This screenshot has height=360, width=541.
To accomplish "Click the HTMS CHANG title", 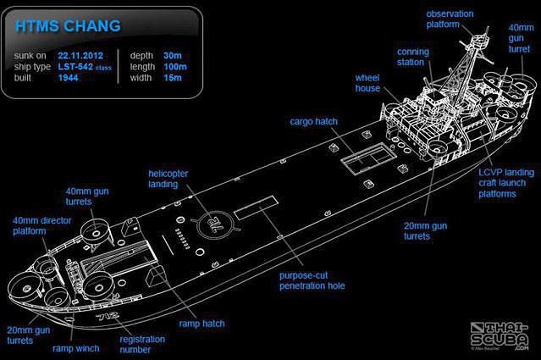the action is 68,26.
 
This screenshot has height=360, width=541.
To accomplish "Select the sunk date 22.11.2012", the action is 80,56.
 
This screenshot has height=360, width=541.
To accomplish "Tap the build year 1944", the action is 68,78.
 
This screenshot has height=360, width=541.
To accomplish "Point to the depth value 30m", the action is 173,56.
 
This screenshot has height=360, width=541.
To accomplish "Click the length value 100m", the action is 175,67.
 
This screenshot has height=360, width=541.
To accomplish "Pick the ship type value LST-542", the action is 75,67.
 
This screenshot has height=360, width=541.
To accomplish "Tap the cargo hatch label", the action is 313,121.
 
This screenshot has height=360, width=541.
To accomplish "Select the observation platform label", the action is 450,19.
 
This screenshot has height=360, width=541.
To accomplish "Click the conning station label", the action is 413,57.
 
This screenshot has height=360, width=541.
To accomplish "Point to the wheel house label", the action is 367,83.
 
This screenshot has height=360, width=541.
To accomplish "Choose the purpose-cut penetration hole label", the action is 312,280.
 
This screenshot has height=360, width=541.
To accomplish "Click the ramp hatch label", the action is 201,324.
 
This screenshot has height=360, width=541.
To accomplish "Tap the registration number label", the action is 142,344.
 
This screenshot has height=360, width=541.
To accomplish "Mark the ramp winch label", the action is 76,348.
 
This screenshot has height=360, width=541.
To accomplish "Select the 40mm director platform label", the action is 42,225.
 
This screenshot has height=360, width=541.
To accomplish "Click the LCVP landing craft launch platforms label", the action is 506,183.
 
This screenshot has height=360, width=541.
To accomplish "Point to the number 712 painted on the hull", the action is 108,316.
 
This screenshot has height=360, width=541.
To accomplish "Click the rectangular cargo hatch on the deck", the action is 368,159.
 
